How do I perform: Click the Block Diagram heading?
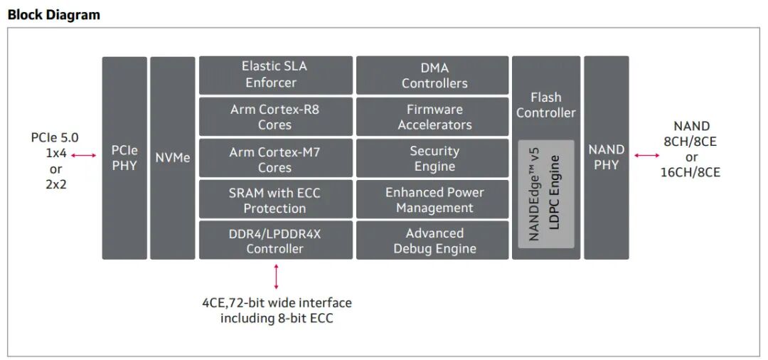click(54, 14)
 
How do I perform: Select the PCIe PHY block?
click(124, 158)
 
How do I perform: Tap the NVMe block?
click(173, 158)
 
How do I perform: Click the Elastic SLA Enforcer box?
click(275, 75)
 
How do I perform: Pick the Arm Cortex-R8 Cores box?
click(275, 117)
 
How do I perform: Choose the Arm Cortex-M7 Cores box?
click(275, 159)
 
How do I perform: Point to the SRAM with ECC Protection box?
click(275, 200)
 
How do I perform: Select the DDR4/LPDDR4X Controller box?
click(275, 240)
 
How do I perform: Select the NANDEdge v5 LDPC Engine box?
click(545, 194)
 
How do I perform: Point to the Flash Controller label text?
click(545, 105)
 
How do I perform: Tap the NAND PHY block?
click(607, 158)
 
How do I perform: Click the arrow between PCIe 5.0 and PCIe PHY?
click(83, 155)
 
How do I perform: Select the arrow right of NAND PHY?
click(646, 155)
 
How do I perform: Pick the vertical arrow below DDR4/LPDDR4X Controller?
click(276, 276)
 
